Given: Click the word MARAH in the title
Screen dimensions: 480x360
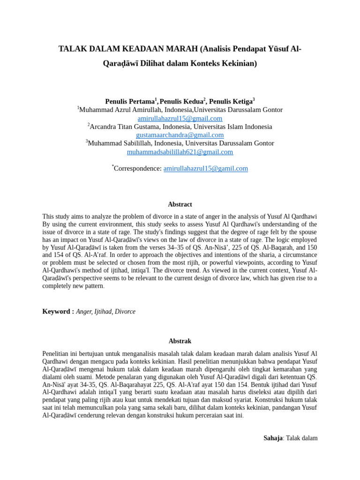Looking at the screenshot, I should click(x=180, y=49).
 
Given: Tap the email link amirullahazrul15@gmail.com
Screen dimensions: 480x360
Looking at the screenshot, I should click(x=180, y=118).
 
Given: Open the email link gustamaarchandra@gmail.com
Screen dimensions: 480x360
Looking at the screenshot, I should click(x=180, y=135).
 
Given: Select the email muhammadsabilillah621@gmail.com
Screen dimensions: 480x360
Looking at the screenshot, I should click(x=180, y=152).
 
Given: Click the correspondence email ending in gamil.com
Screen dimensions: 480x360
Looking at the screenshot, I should click(x=205, y=168).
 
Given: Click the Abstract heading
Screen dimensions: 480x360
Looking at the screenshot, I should click(x=180, y=204).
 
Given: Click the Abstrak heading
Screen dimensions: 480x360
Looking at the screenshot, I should click(x=180, y=341).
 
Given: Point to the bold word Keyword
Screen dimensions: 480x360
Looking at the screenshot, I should click(x=56, y=311).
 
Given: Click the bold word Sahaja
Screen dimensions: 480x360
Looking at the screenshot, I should click(x=273, y=438).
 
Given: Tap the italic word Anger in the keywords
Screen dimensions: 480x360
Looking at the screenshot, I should click(x=84, y=311).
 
